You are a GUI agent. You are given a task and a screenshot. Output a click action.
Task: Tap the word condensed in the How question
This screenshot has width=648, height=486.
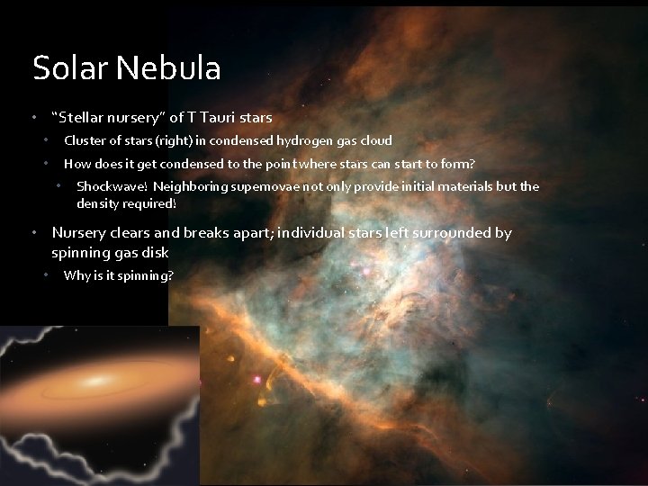click(176, 164)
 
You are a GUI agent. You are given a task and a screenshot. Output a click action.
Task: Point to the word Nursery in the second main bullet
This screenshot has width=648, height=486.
click(81, 233)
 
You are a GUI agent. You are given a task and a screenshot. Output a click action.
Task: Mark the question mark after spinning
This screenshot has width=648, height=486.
click(170, 275)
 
